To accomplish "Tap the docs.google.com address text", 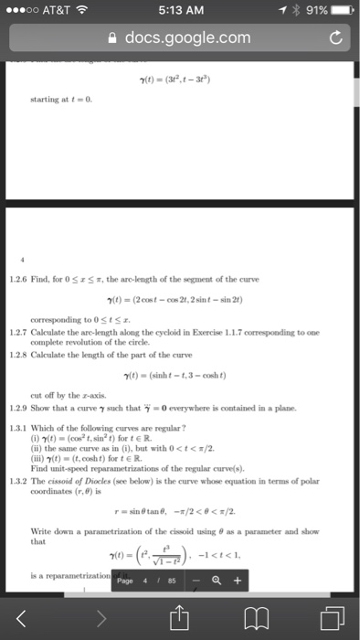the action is (x=187, y=37).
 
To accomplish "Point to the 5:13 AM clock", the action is (x=179, y=10).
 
